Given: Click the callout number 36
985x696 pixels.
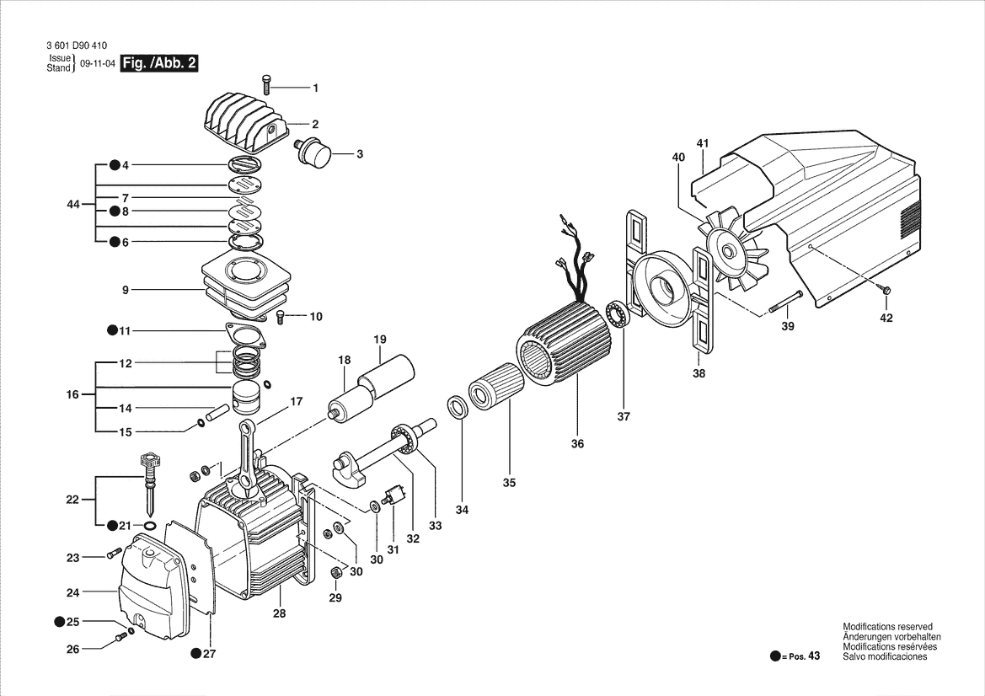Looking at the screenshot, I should click(577, 444).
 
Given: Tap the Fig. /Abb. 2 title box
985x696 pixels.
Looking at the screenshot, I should click(160, 63).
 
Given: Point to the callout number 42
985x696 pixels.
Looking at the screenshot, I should click(886, 318).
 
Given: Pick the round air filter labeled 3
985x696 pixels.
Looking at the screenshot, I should click(316, 154).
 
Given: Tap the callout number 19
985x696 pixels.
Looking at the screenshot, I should click(380, 340).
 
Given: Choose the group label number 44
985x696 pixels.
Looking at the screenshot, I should click(73, 205).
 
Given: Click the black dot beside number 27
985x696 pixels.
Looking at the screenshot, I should click(195, 653).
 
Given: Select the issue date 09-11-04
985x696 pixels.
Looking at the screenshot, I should click(97, 63).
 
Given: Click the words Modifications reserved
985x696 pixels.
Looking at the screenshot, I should click(887, 627).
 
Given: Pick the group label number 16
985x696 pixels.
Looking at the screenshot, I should click(73, 394).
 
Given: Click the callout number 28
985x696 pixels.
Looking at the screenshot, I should click(279, 614).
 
